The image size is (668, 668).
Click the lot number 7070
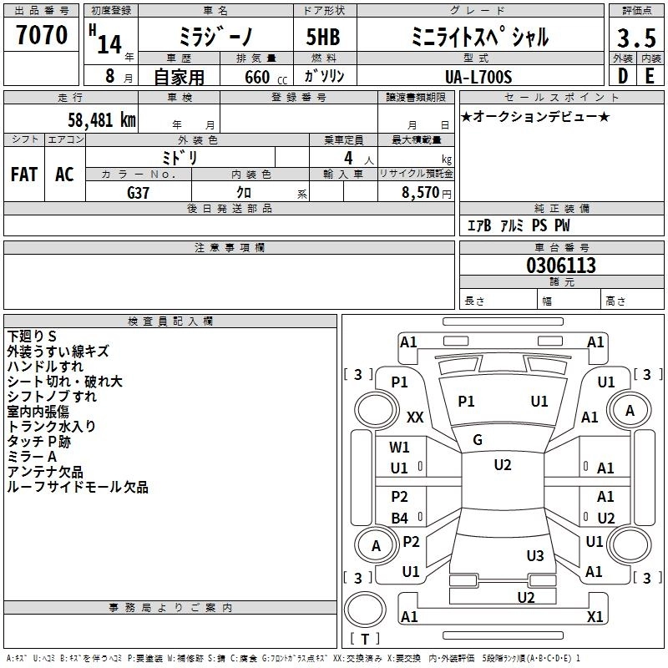click(42, 35)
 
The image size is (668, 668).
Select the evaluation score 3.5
click(636, 38)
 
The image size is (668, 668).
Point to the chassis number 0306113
click(561, 266)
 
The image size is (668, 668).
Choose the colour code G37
click(138, 193)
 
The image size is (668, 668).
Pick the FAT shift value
click(24, 175)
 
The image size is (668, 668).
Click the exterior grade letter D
click(622, 76)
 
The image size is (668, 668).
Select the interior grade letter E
click(650, 76)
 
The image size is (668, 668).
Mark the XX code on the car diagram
click(415, 417)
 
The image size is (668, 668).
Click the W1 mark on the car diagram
click(399, 448)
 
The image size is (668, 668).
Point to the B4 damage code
click(399, 519)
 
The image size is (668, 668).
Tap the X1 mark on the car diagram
click(595, 616)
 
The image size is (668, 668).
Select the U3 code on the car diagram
click(535, 556)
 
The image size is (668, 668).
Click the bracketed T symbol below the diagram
click(364, 639)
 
